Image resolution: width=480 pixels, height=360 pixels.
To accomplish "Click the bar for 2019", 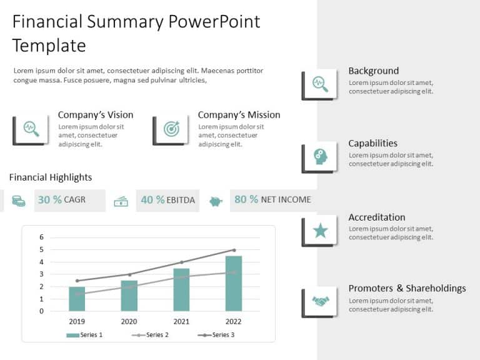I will [77, 299].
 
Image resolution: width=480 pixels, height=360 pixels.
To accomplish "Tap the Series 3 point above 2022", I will [234, 250].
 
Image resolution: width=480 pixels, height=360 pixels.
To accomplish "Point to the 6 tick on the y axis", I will [42, 237].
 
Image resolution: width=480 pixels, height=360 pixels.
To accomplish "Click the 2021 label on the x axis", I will [181, 321].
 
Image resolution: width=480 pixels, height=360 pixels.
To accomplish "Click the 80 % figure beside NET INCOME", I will [246, 199].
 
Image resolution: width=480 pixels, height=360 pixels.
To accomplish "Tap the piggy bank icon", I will [216, 201].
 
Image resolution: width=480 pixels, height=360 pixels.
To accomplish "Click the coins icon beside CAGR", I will [19, 201].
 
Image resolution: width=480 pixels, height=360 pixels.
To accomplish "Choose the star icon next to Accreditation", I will [320, 231].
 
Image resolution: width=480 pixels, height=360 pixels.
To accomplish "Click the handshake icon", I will [320, 302].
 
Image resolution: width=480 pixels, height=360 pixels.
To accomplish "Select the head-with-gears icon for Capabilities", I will [320, 157].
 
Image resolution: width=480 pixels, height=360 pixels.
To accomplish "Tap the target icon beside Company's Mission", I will [171, 129].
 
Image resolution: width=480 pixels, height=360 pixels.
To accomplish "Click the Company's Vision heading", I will [96, 115].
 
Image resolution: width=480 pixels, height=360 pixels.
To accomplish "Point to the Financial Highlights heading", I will [51, 177].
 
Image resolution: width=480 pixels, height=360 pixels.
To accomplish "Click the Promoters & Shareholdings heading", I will [407, 288].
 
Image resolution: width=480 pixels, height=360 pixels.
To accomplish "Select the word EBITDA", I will [181, 201].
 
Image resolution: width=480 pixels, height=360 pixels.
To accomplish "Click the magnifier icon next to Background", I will [320, 83].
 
